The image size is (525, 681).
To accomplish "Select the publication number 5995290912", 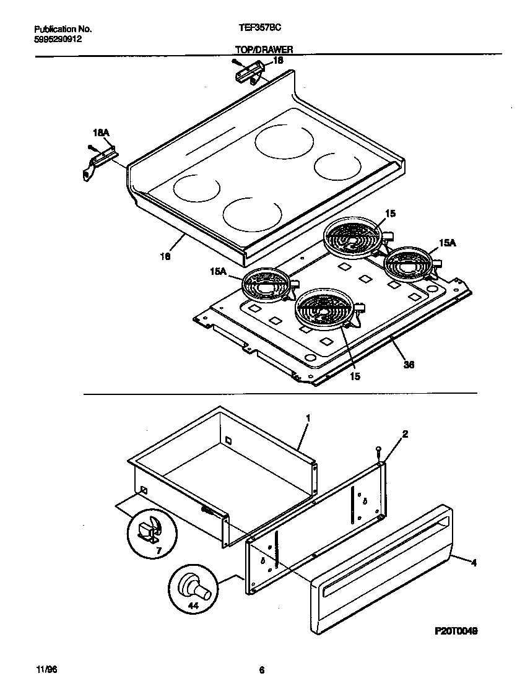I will click(58, 38).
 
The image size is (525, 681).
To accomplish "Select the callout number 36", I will click(409, 365).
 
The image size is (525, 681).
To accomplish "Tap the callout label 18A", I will click(101, 132).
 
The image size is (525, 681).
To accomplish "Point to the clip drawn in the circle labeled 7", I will click(150, 531).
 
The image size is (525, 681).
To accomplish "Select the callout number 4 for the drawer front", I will click(474, 563).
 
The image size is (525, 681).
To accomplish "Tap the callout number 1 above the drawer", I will click(308, 419).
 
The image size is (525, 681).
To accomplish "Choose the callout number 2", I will click(405, 434).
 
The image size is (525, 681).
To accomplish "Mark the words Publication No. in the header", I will click(63, 29).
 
